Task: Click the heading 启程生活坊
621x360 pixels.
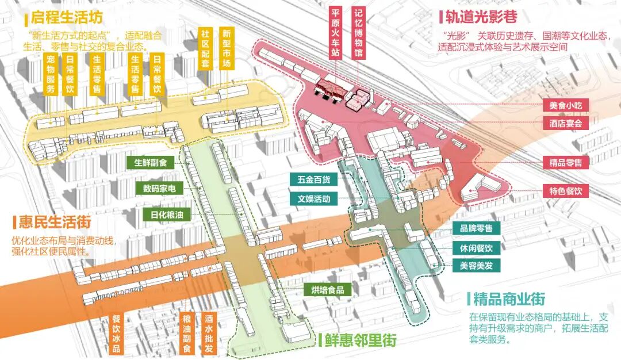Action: (x=69, y=18)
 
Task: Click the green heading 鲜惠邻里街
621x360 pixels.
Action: (x=360, y=340)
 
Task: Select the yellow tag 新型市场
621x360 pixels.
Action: (x=227, y=48)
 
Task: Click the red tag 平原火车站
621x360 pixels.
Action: (x=336, y=32)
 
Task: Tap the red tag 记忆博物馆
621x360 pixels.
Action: (x=359, y=32)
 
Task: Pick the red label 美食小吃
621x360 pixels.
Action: (x=566, y=106)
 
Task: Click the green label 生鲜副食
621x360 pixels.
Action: (x=150, y=163)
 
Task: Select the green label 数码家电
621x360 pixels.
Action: (x=156, y=189)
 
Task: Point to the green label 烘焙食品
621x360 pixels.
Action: (x=328, y=290)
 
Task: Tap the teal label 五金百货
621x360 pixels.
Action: (x=314, y=180)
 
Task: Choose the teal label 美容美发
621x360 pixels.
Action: (x=477, y=266)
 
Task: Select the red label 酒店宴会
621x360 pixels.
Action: (x=566, y=123)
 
